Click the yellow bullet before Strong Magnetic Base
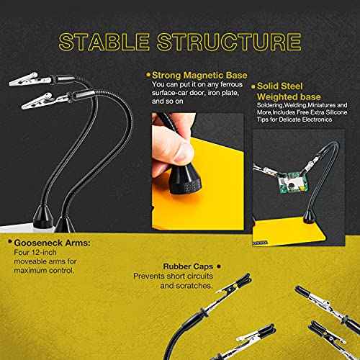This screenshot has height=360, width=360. click(x=148, y=75)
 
